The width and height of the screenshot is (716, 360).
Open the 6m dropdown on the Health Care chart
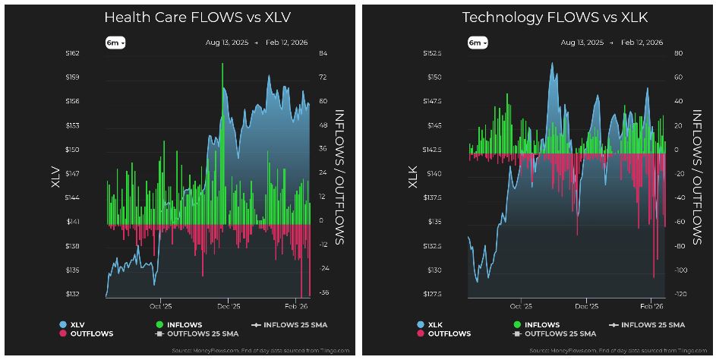tap(115, 43)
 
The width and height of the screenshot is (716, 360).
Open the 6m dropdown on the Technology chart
tap(476, 43)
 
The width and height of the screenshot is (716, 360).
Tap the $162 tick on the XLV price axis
tap(73, 53)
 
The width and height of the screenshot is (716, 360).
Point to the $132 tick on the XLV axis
tap(73, 294)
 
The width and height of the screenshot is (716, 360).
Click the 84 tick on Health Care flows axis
tap(322, 53)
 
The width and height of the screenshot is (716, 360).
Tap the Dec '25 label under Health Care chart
tap(229, 307)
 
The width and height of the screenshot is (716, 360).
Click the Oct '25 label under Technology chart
tap(521, 307)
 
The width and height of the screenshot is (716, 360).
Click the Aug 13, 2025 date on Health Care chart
tap(226, 43)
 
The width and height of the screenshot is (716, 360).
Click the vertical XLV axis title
tap(55, 176)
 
